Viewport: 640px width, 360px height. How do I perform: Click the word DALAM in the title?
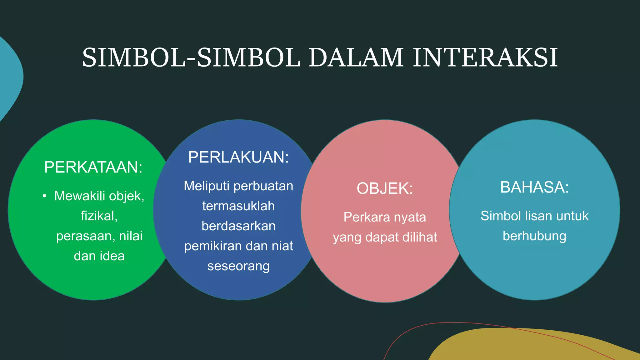point(356,58)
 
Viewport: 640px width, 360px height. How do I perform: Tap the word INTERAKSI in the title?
point(485,58)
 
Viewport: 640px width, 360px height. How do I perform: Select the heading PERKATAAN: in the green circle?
point(93,167)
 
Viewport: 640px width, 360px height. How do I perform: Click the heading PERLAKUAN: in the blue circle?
point(238,157)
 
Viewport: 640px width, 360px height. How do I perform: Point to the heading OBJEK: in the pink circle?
point(385,188)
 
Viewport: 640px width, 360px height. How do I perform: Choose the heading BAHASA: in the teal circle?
point(534,187)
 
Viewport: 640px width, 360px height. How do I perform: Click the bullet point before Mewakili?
point(45,196)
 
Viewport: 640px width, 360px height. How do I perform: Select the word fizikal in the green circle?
point(99,216)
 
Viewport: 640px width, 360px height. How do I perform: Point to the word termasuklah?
point(238,206)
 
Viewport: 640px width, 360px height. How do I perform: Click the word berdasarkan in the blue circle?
point(238,226)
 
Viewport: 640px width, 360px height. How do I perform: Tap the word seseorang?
point(238,266)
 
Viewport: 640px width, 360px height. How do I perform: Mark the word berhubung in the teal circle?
point(534,236)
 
